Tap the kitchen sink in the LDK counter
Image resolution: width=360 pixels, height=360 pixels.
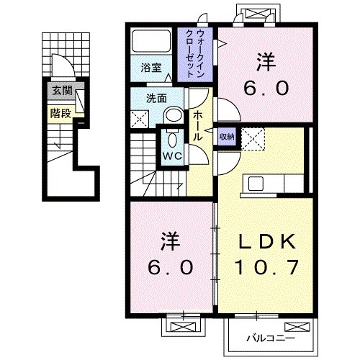click(257, 183)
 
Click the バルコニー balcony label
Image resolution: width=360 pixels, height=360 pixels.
click(269, 337)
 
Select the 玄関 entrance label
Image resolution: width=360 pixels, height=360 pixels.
click(61, 91)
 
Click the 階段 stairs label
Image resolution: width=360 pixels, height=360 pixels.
click(60, 112)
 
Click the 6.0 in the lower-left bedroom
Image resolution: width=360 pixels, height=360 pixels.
click(171, 268)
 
